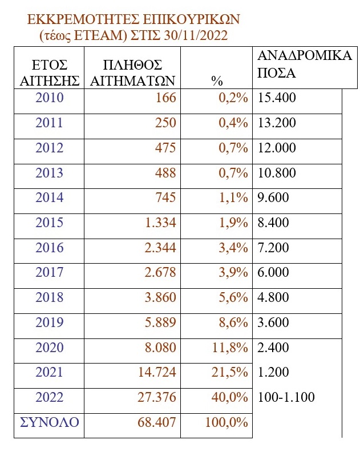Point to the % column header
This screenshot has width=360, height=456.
[216, 81]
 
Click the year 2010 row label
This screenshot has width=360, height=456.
[49, 98]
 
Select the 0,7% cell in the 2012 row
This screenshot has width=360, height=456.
[233, 148]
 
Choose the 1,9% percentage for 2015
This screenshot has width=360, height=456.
[233, 223]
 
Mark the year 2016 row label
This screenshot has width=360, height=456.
[49, 248]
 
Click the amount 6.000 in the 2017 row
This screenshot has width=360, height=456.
[274, 273]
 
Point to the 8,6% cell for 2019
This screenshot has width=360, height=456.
[233, 322]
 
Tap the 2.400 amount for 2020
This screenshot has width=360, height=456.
[274, 348]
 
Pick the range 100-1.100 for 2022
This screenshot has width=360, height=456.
[286, 397]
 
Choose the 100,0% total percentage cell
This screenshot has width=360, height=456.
[226, 423]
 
